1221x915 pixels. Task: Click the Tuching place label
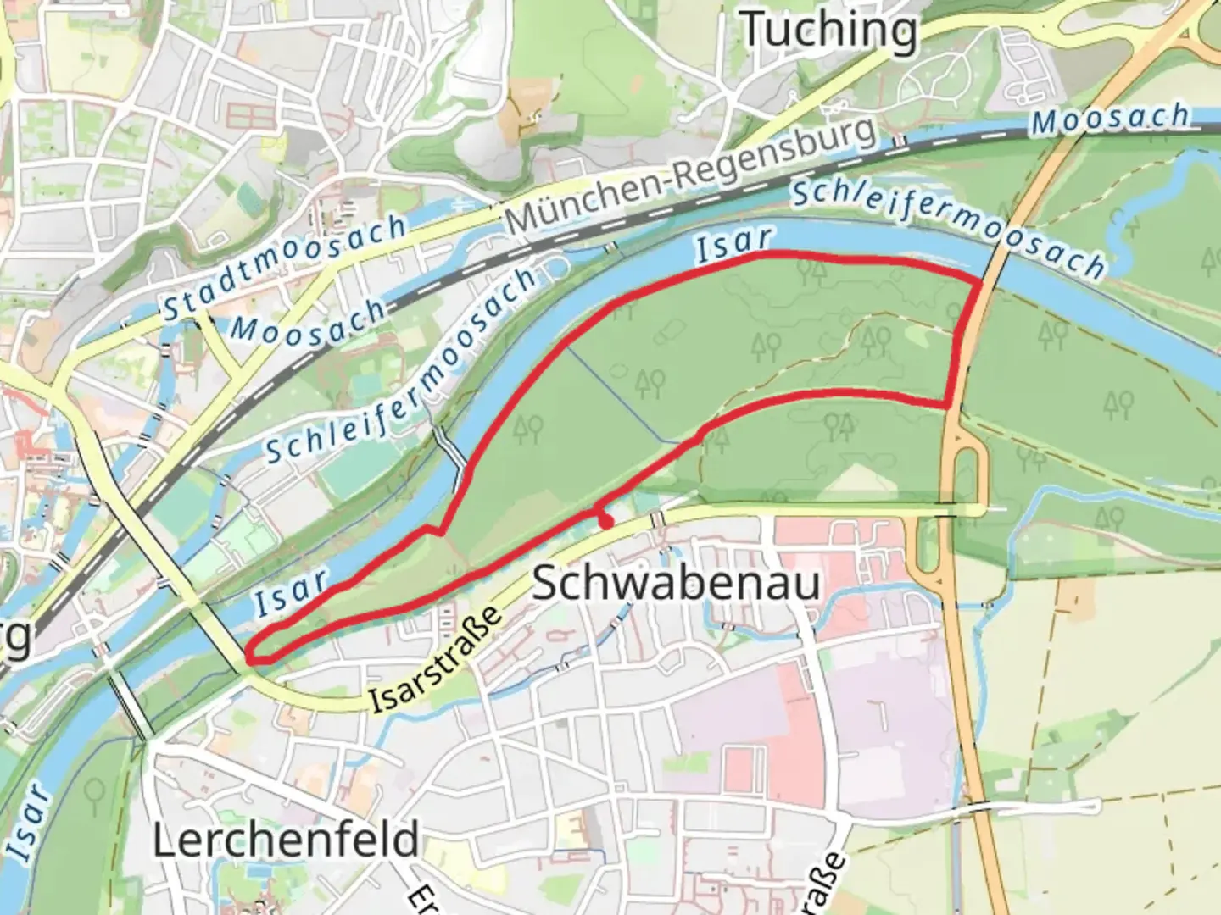[x=829, y=30]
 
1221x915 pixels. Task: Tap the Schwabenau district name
[x=676, y=585]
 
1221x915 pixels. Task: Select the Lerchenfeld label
[x=286, y=839]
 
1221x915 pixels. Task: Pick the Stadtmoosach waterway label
[x=286, y=268]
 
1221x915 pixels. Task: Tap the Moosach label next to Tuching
[x=1111, y=119]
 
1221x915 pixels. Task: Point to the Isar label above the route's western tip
[x=291, y=591]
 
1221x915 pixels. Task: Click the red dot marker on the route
[x=606, y=524]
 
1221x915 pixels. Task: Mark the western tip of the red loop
[x=250, y=654]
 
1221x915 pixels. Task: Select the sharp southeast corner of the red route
[x=946, y=406]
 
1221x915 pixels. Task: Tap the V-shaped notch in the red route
[x=440, y=532]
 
